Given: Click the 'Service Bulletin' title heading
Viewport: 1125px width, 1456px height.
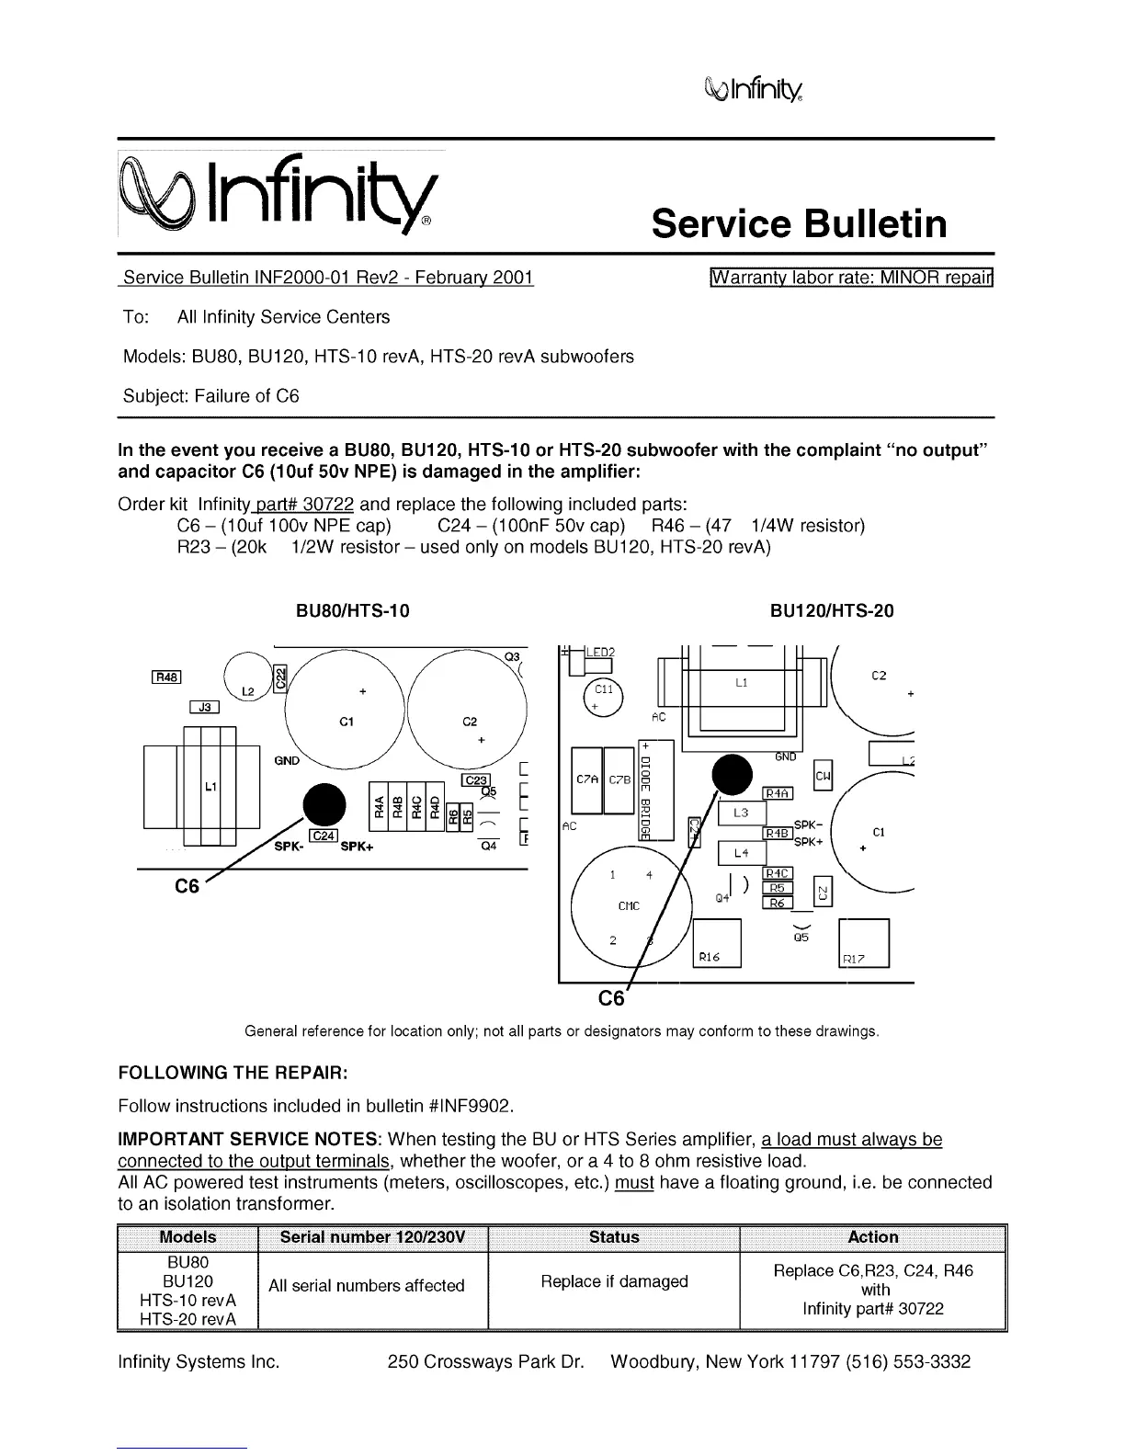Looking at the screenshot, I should (799, 224).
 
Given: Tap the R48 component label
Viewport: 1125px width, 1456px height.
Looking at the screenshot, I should (165, 677).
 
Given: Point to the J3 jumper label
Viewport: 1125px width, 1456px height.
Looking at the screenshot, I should (204, 707).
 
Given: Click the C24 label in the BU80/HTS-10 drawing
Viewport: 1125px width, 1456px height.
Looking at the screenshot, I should (324, 835).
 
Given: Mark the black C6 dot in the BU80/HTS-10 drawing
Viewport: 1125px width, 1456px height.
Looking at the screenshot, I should (324, 804).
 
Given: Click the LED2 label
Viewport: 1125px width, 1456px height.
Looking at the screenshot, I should (599, 652).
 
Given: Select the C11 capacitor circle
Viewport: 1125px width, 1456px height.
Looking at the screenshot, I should (602, 696).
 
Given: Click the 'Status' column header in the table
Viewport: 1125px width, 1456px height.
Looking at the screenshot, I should (614, 1237).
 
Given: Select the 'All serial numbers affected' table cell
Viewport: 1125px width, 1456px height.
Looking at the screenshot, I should (366, 1286).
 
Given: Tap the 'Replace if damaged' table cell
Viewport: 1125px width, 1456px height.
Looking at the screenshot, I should (614, 1281).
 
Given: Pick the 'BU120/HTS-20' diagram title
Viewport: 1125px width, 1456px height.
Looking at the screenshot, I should (832, 611).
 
